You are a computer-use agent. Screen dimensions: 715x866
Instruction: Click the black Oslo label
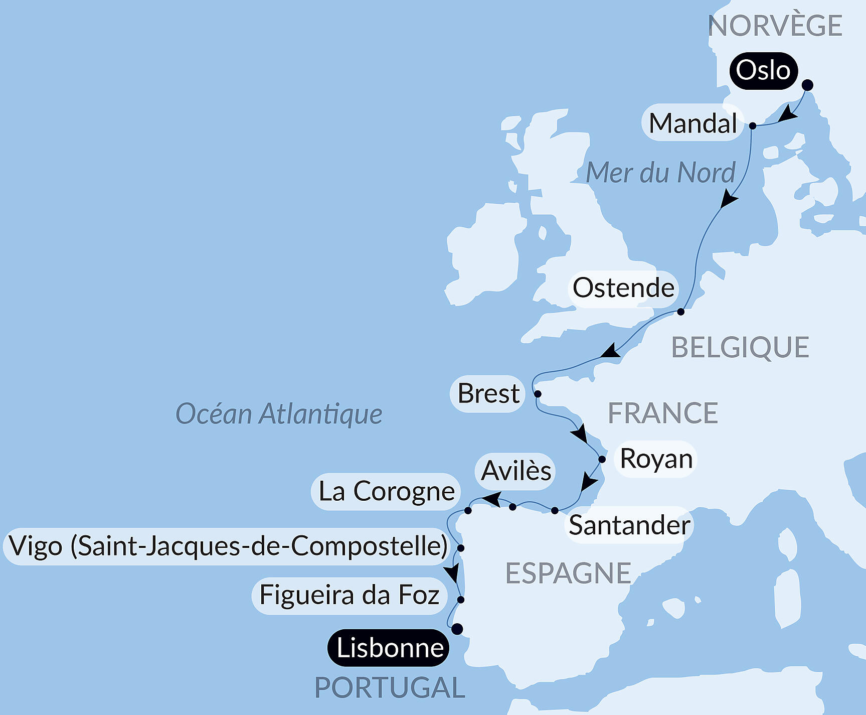pos(763,71)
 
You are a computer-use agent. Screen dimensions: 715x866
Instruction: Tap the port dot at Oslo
pos(807,85)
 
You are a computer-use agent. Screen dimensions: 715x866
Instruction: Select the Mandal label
pos(692,123)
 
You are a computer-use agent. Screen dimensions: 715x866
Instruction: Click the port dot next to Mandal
pos(753,126)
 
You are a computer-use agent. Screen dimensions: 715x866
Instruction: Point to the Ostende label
pos(623,288)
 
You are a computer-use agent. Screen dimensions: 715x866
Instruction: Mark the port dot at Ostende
pos(680,312)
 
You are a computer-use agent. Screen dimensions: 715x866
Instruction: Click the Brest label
pos(488,394)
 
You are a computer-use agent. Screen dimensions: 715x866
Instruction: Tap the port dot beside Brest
pos(538,394)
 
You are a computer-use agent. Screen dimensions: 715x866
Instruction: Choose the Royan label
pos(656,459)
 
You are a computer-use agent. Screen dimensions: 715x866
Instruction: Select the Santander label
pos(629,525)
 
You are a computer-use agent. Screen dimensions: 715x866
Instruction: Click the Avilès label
pos(515,471)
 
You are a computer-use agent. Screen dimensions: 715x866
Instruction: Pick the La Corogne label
pos(386,492)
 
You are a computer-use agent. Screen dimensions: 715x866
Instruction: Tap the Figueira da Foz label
pos(350,596)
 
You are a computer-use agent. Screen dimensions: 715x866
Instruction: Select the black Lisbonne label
pos(389,648)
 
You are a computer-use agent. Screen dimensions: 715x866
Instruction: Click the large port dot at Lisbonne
pos(457,629)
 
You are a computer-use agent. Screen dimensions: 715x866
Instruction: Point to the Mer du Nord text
pos(660,173)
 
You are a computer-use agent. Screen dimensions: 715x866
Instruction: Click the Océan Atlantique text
pos(279,414)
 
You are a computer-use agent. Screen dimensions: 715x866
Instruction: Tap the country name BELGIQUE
pos(740,348)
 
